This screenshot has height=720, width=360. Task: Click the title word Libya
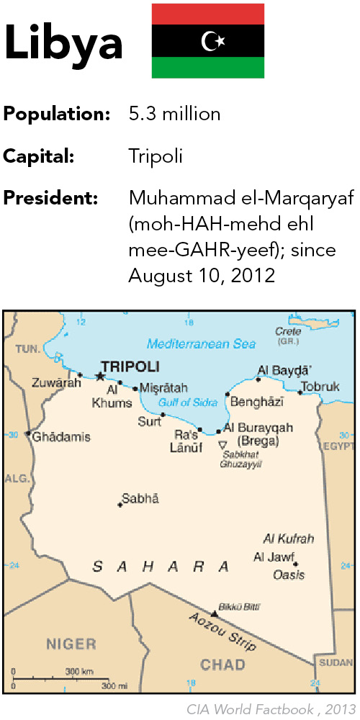63,43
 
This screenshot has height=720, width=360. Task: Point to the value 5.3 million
174,114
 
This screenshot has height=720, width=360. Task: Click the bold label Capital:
39,156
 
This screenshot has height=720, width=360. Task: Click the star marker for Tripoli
100,377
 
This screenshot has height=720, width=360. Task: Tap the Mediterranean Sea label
201,344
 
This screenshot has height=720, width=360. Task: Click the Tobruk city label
320,387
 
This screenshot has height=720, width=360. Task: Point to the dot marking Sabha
120,505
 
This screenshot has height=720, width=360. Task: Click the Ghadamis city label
62,436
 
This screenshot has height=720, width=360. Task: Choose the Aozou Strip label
222,631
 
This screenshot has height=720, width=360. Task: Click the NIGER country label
71,643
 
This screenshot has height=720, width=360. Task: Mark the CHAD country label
223,664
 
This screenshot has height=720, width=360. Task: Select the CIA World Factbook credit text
270,709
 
